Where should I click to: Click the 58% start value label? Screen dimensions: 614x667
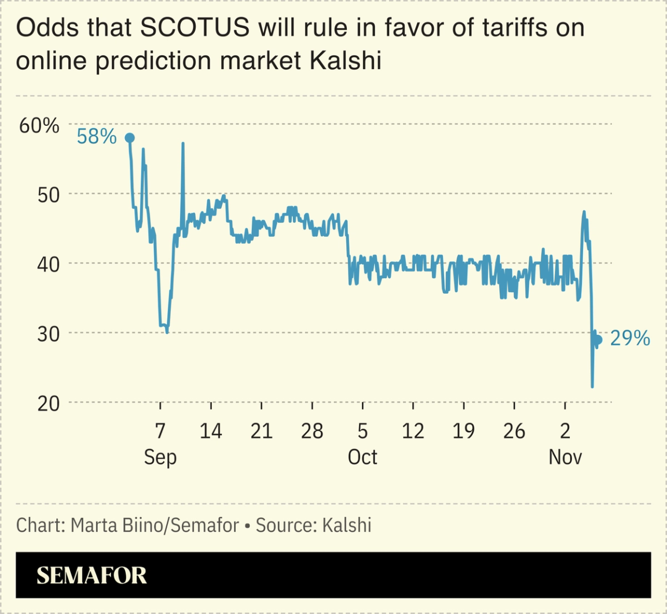tap(97, 137)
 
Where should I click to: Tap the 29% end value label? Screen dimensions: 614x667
tap(630, 338)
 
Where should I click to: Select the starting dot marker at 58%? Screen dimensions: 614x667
tap(130, 138)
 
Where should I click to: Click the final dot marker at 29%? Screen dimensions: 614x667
tap(598, 340)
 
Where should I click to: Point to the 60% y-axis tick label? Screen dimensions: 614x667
tap(39, 125)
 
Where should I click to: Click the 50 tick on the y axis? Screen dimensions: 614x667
tap(45, 194)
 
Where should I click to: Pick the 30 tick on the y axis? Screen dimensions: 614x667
tap(45, 334)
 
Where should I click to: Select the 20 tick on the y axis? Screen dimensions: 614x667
tap(45, 403)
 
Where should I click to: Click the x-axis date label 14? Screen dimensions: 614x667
tap(211, 431)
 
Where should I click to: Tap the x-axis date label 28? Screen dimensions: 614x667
tap(311, 431)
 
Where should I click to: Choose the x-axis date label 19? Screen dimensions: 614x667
tap(463, 431)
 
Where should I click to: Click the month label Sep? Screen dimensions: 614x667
tap(160, 457)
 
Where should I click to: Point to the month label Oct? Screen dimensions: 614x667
tap(362, 457)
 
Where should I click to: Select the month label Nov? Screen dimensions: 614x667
tap(565, 457)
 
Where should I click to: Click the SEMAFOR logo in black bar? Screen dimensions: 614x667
tap(91, 575)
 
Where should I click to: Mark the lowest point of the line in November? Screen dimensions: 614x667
tap(592, 386)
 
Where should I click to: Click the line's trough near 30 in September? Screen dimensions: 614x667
tap(167, 332)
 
